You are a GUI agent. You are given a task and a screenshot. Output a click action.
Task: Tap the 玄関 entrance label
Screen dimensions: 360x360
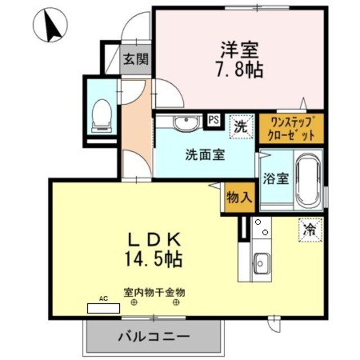(136, 59)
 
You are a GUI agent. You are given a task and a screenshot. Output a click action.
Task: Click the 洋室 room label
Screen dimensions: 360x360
(239, 50)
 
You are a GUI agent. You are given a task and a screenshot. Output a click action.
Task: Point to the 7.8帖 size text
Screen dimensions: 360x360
(239, 70)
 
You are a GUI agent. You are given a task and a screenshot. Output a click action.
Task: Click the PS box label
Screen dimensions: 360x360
(214, 119)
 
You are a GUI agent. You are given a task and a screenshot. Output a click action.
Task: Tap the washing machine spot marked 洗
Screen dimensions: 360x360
(241, 127)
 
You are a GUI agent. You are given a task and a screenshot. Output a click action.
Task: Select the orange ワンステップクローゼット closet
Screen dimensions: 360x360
(291, 128)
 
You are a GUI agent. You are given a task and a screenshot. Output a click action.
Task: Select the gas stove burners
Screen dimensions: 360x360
(261, 228)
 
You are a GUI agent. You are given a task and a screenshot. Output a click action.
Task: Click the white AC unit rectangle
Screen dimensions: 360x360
(103, 308)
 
